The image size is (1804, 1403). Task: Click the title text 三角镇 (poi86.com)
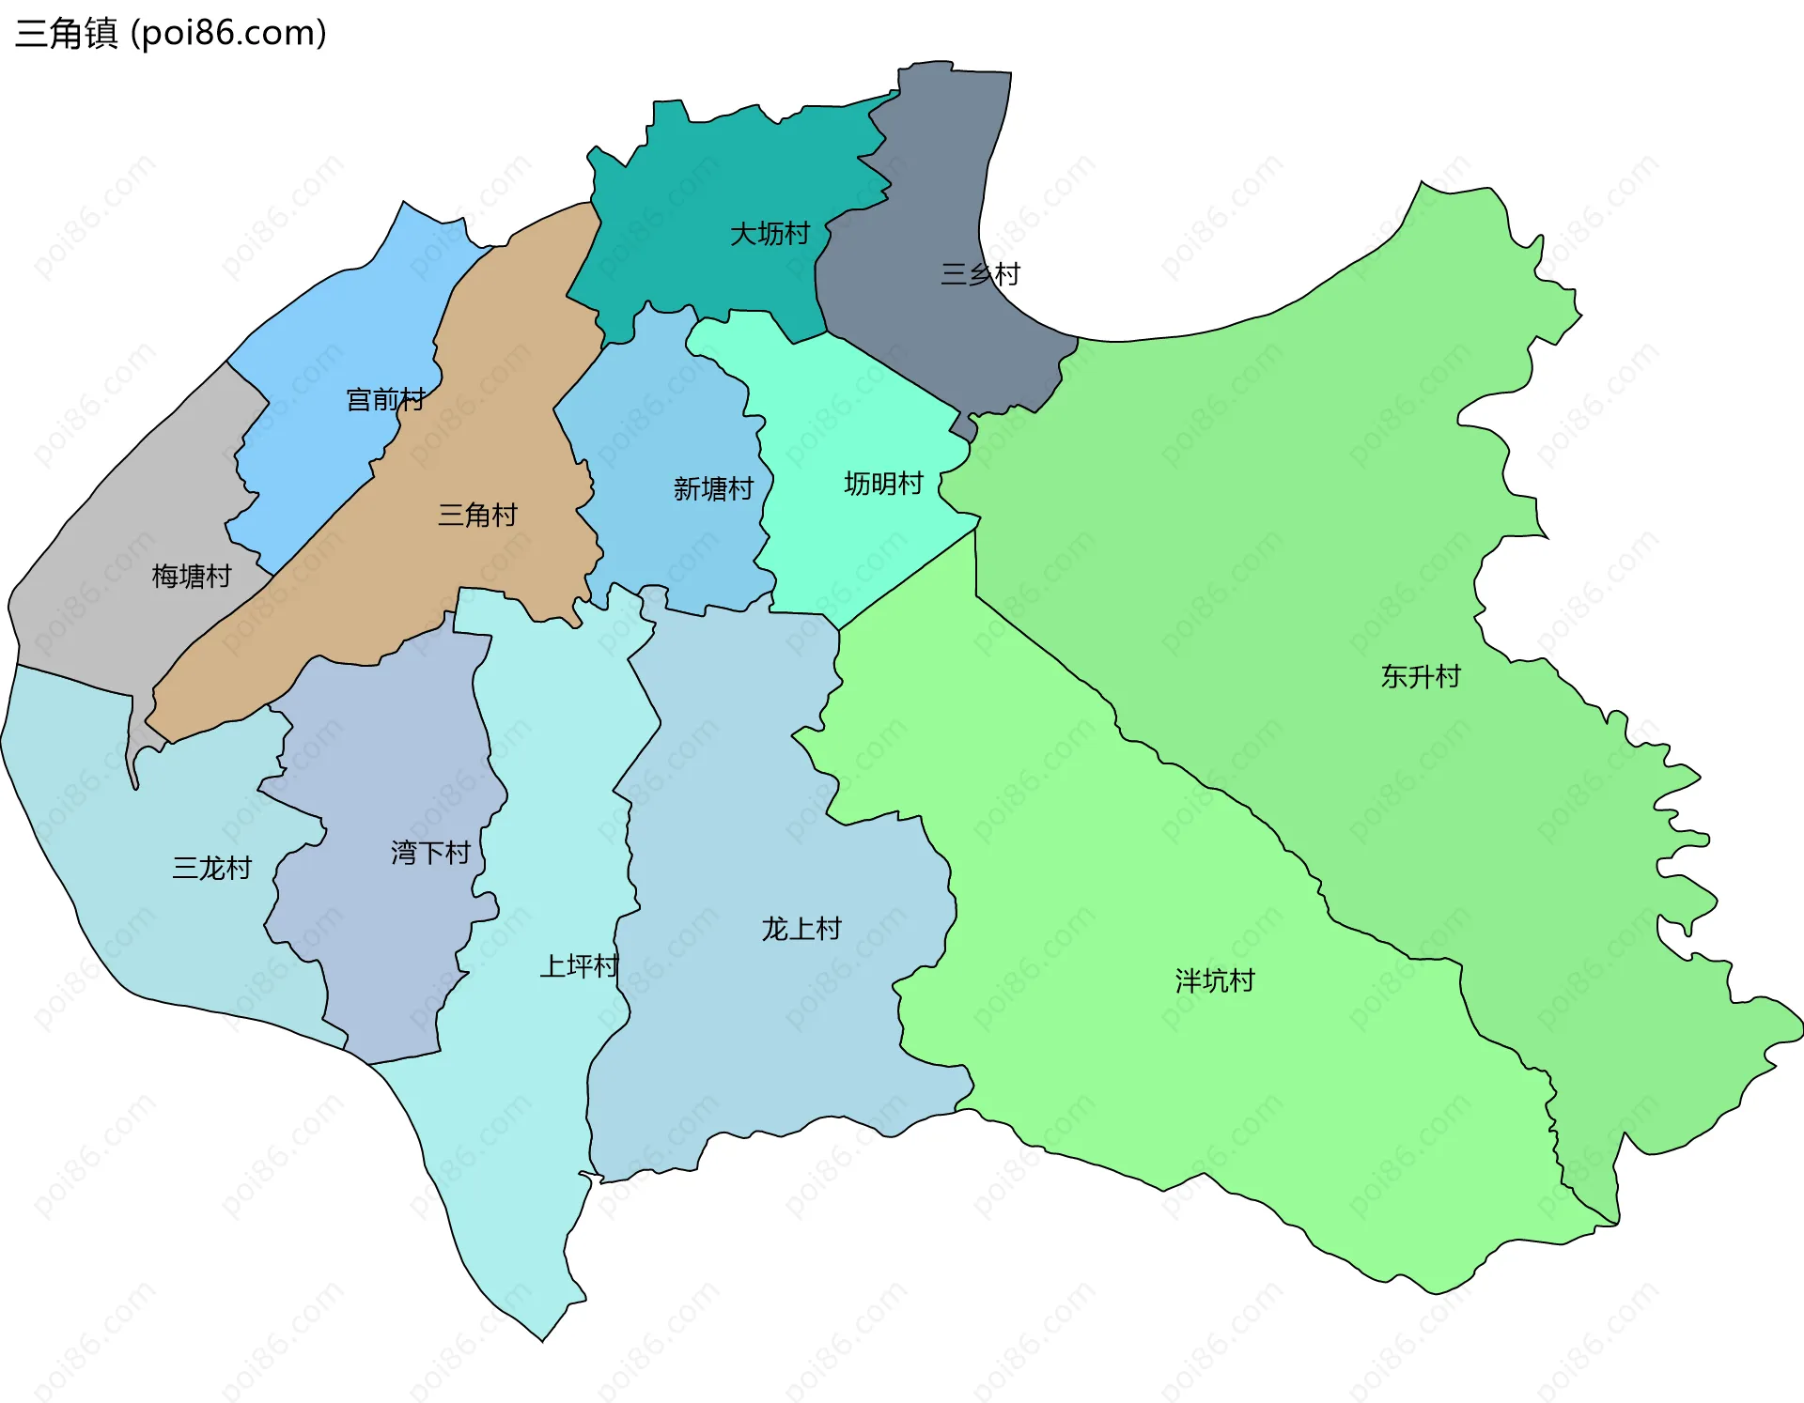point(171,33)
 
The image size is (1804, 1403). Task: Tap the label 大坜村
point(770,233)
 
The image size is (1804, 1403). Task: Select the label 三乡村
point(980,274)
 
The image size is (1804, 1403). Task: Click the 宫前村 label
point(385,400)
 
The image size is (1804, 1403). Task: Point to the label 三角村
point(477,515)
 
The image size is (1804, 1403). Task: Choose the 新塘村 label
point(713,488)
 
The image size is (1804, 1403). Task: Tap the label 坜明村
point(883,484)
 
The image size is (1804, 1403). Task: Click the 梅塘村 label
point(192,576)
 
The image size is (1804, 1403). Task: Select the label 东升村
point(1421,676)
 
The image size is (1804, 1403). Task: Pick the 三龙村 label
point(212,868)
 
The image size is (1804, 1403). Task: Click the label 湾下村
point(430,853)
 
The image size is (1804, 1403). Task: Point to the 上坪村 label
point(579,965)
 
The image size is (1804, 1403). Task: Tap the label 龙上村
point(801,929)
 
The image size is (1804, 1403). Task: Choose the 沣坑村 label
point(1215,980)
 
